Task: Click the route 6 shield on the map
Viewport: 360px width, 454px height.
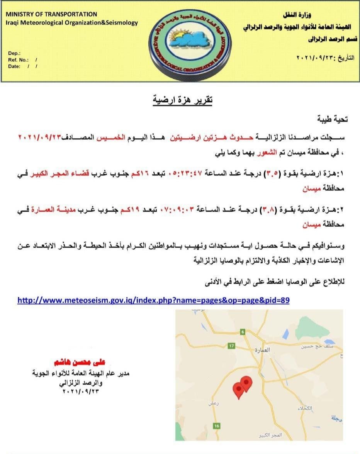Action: (x=243, y=332)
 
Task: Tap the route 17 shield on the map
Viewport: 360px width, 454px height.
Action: (x=231, y=346)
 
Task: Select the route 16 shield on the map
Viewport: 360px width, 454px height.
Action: (x=217, y=426)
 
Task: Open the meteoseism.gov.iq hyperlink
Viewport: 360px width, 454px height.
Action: (x=153, y=300)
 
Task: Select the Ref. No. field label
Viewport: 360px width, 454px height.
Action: (x=18, y=60)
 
